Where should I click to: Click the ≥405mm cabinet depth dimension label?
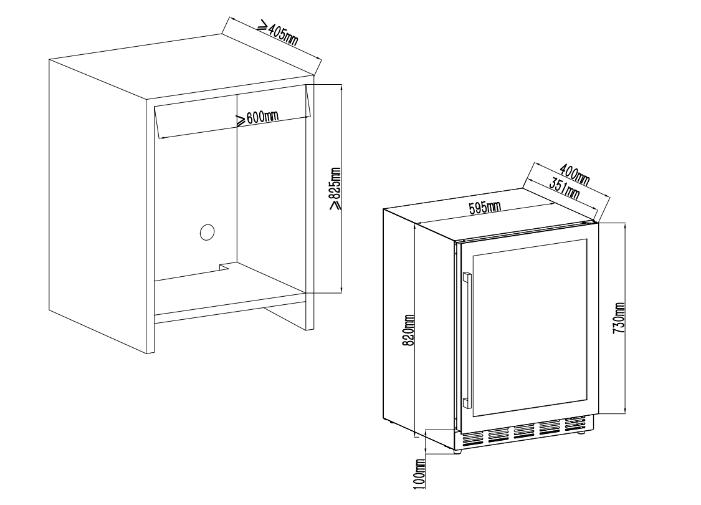(x=278, y=33)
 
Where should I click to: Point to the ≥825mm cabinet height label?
(x=335, y=189)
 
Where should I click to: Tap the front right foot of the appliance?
(x=581, y=433)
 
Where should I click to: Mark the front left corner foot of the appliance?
(x=457, y=451)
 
